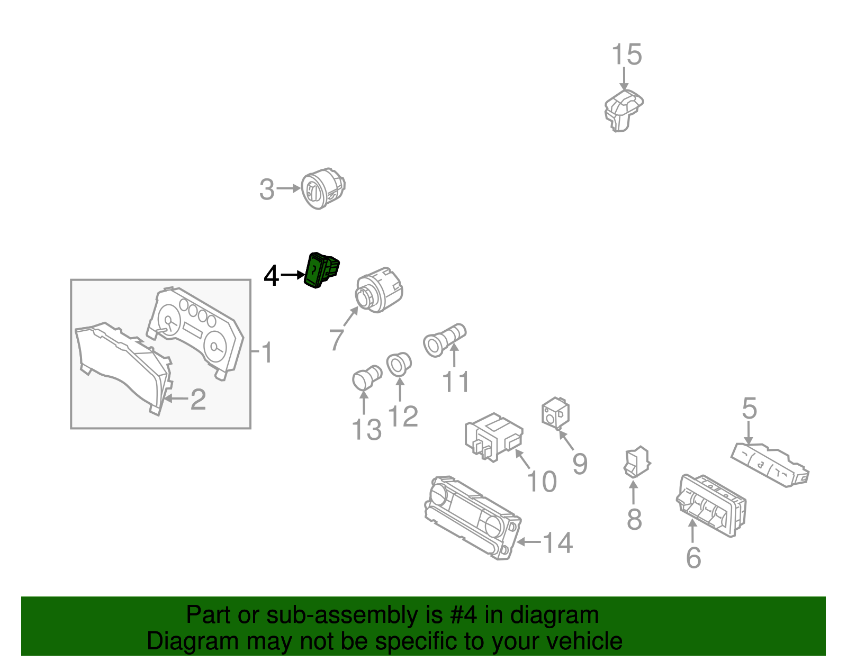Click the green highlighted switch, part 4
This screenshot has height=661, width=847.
click(321, 270)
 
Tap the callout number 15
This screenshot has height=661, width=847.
click(626, 55)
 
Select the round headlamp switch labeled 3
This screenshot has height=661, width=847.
click(323, 188)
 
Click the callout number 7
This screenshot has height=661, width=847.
click(336, 340)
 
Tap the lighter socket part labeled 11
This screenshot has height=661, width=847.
click(444, 340)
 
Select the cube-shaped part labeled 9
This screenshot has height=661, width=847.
click(555, 414)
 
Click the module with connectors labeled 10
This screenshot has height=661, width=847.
click(494, 437)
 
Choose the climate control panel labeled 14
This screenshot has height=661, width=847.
click(473, 518)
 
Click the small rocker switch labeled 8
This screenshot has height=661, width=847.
click(637, 462)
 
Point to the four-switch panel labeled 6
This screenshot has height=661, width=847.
click(711, 505)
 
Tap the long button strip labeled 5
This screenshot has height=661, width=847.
click(769, 465)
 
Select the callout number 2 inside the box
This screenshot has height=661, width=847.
click(198, 400)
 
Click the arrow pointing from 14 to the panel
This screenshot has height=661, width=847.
click(529, 542)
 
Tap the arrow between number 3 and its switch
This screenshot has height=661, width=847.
click(289, 188)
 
